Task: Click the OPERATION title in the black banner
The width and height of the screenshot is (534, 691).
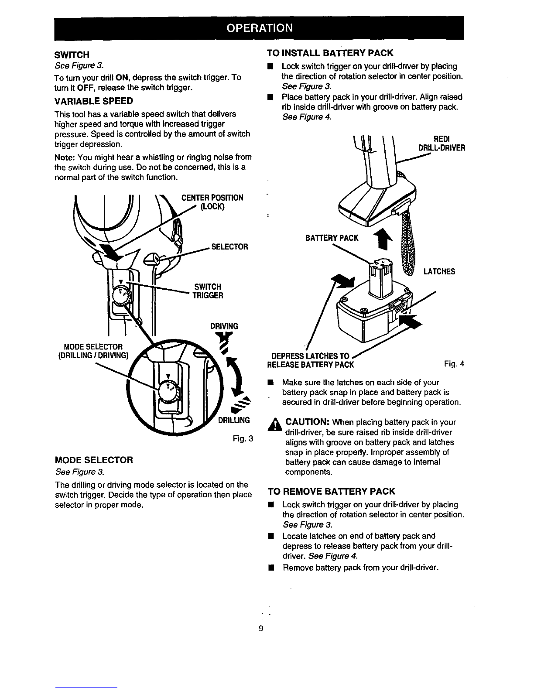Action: pyautogui.click(x=260, y=28)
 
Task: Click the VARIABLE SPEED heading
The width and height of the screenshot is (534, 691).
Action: pyautogui.click(x=94, y=101)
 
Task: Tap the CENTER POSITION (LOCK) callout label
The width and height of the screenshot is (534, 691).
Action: pyautogui.click(x=212, y=202)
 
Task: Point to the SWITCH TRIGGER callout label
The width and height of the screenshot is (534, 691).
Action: pyautogui.click(x=208, y=291)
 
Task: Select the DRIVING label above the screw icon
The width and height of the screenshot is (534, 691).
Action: pyautogui.click(x=224, y=326)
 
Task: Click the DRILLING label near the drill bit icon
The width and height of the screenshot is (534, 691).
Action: pyautogui.click(x=234, y=421)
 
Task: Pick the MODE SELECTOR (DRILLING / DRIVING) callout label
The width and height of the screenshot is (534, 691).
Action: pyautogui.click(x=93, y=351)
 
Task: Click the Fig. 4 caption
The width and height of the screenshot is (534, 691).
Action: pyautogui.click(x=454, y=364)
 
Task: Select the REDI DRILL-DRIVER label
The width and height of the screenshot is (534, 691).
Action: pyautogui.click(x=442, y=144)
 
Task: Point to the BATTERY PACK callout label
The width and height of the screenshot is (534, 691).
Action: pyautogui.click(x=332, y=238)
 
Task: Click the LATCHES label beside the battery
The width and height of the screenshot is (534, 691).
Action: pyautogui.click(x=439, y=271)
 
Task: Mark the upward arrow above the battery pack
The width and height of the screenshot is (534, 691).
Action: pyautogui.click(x=383, y=239)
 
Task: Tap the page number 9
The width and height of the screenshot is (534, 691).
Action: pyautogui.click(x=261, y=628)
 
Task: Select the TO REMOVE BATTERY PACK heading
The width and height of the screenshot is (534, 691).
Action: pyautogui.click(x=331, y=491)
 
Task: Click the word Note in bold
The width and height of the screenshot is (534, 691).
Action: pyautogui.click(x=65, y=157)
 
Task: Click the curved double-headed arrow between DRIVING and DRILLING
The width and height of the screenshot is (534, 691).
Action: pyautogui.click(x=236, y=376)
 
